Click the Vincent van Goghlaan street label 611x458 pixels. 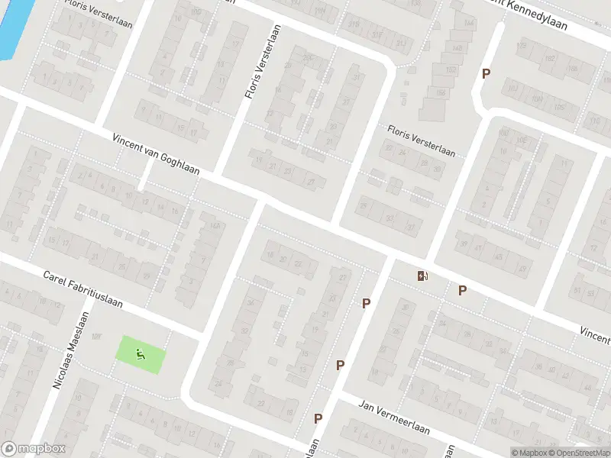click(x=155, y=154)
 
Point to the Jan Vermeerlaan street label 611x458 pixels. click(x=394, y=419)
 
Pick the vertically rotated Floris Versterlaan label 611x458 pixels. click(x=259, y=63)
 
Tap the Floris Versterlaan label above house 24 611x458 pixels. click(x=421, y=141)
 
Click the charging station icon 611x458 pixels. click(x=422, y=276)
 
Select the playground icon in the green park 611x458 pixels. click(x=139, y=353)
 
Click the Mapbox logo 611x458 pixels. click(x=34, y=449)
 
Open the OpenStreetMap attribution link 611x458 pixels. click(x=577, y=453)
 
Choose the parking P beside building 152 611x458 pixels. click(x=485, y=73)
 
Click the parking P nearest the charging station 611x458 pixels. click(x=462, y=289)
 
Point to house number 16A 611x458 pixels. click(x=215, y=226)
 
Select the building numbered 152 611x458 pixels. click(x=451, y=70)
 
